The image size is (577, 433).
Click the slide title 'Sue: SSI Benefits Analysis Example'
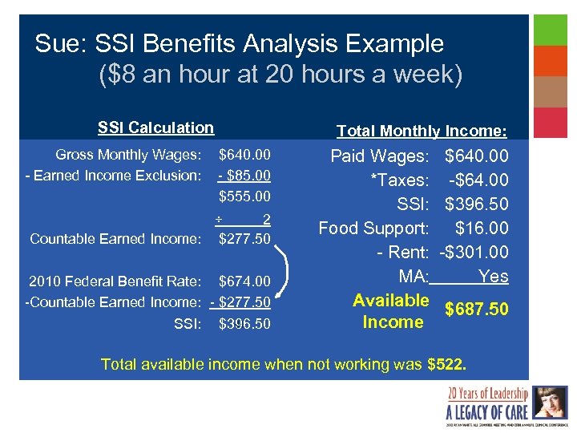pyautogui.click(x=239, y=43)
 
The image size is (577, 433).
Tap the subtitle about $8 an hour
pyautogui.click(x=280, y=75)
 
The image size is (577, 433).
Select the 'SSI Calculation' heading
pyautogui.click(x=155, y=127)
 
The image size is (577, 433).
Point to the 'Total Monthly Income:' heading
pyautogui.click(x=421, y=131)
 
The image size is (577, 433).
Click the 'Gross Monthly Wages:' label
pyautogui.click(x=128, y=154)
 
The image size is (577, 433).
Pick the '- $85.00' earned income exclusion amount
pyautogui.click(x=244, y=175)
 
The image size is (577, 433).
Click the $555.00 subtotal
pyautogui.click(x=244, y=196)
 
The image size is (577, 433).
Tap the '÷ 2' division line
pyautogui.click(x=244, y=219)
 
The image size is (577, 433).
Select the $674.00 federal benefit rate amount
pyautogui.click(x=244, y=281)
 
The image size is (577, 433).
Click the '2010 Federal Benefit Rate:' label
pyautogui.click(x=114, y=281)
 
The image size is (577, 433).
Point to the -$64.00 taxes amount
pyautogui.click(x=478, y=180)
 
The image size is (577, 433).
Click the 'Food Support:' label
pyautogui.click(x=373, y=229)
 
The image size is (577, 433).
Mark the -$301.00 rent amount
pyautogui.click(x=474, y=253)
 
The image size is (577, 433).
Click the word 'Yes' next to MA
pyautogui.click(x=493, y=277)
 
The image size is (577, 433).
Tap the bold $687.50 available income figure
pyautogui.click(x=476, y=310)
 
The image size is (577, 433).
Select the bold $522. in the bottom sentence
pyautogui.click(x=446, y=365)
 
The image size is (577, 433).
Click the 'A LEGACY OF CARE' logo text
pyautogui.click(x=486, y=412)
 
